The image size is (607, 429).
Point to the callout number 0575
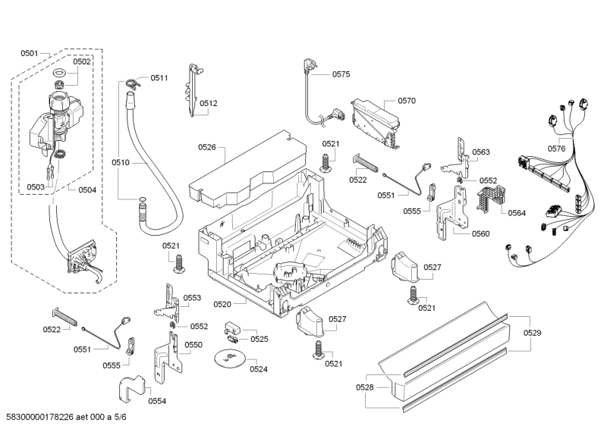click(x=341, y=74)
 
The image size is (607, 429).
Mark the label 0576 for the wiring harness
click(x=557, y=149)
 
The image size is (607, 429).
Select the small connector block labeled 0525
click(x=232, y=331)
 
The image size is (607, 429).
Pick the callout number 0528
click(x=365, y=387)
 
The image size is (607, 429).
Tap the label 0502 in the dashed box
click(x=82, y=61)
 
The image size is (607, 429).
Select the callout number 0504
click(x=86, y=189)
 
